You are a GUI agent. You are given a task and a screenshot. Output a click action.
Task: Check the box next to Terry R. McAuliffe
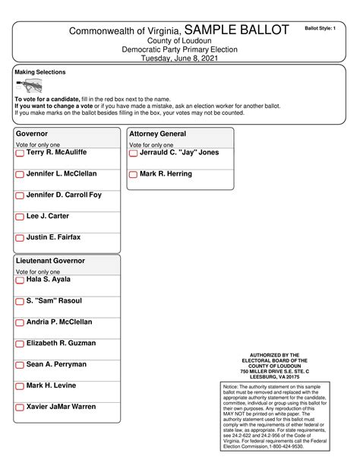coord(20,154)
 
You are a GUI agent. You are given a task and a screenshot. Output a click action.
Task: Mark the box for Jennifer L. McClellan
coord(20,175)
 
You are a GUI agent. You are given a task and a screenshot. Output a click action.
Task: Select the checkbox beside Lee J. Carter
coord(20,217)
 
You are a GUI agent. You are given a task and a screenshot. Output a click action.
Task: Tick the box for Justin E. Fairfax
coord(20,239)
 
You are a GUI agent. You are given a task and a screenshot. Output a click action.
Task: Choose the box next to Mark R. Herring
coord(133,175)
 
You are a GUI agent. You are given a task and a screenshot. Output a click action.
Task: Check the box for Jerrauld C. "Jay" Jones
coord(133,154)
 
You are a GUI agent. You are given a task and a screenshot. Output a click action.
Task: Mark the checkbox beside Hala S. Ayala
coord(20,281)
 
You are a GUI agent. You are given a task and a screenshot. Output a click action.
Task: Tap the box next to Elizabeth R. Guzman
coord(20,344)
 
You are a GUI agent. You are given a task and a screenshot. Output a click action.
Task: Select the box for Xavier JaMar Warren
coord(20,407)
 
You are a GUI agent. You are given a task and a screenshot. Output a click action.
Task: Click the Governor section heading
coord(32,133)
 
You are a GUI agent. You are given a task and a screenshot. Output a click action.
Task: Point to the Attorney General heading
coord(157,133)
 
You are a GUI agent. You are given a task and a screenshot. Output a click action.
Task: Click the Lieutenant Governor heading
coord(50,261)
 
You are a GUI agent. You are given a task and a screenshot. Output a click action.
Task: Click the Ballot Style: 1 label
coord(319,27)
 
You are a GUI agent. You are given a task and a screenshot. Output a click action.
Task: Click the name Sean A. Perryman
coord(56,364)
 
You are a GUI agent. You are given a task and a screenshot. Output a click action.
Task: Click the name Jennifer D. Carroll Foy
coord(63,195)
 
